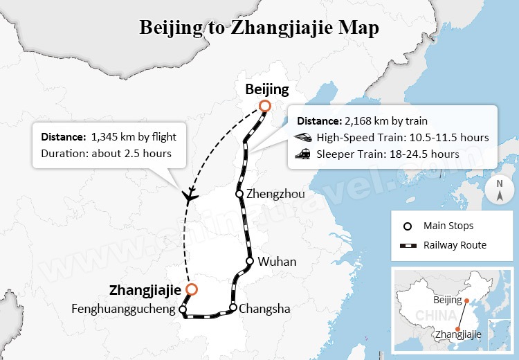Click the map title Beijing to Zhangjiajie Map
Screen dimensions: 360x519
pyautogui.click(x=259, y=28)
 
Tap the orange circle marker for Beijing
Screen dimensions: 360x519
pyautogui.click(x=264, y=106)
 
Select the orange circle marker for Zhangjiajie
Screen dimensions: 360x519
pyautogui.click(x=191, y=289)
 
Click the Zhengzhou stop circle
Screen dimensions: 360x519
pyautogui.click(x=239, y=194)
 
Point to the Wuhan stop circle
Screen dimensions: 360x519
pyautogui.click(x=250, y=261)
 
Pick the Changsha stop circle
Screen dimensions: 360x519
pyautogui.click(x=233, y=307)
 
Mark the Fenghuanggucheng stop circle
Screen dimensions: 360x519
pyautogui.click(x=183, y=309)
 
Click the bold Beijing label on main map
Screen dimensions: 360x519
pyautogui.click(x=267, y=89)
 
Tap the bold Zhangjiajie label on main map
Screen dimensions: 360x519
pyautogui.click(x=145, y=289)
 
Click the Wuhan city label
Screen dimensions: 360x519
pyautogui.click(x=277, y=262)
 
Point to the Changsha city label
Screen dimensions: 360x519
pyautogui.click(x=264, y=309)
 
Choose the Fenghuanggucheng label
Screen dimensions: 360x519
pyautogui.click(x=123, y=309)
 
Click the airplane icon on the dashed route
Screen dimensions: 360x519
pyautogui.click(x=189, y=196)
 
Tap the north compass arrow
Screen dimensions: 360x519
pyautogui.click(x=499, y=191)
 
